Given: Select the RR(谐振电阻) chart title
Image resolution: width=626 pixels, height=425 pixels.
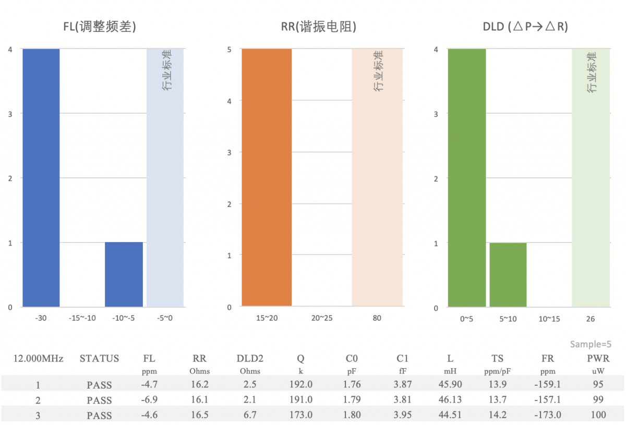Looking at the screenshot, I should click(x=319, y=27).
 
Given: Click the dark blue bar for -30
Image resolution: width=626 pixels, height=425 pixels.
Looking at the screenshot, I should click(x=41, y=177).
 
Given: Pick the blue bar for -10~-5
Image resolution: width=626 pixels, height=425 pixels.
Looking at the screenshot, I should click(x=124, y=274).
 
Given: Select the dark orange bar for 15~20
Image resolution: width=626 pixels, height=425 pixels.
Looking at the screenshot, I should click(x=267, y=177).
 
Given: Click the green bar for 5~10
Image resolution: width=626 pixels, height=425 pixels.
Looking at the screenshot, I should click(x=508, y=275).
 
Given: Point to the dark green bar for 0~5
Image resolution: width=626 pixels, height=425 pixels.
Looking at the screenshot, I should click(x=467, y=177).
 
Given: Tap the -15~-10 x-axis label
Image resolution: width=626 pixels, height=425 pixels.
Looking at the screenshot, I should click(x=82, y=318).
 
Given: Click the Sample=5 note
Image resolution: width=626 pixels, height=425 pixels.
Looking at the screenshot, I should click(x=590, y=344).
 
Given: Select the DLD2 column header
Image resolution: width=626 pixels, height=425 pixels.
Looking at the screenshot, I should click(x=250, y=359).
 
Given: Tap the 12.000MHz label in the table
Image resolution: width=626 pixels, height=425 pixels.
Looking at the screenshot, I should click(x=38, y=359).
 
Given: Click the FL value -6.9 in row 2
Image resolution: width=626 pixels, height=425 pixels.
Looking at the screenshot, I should click(x=149, y=400).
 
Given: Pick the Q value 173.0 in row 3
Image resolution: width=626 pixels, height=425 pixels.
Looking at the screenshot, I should click(x=300, y=415).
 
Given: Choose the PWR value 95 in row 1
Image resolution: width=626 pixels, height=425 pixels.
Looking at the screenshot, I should click(x=598, y=385).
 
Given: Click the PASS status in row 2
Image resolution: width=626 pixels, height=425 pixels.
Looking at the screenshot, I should click(x=99, y=400).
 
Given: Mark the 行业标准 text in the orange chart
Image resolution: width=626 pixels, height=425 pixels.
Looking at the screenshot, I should click(x=378, y=71).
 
